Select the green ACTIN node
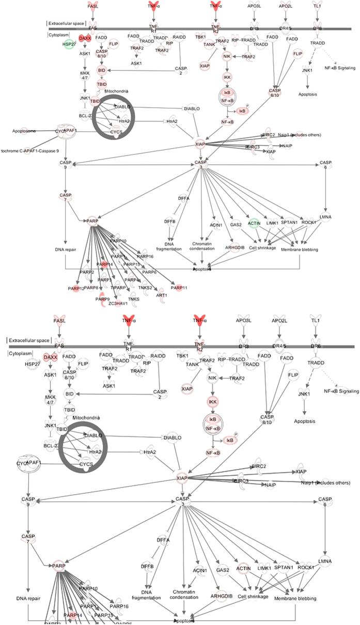(253, 223)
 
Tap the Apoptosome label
(24, 132)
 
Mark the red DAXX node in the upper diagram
(85, 38)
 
